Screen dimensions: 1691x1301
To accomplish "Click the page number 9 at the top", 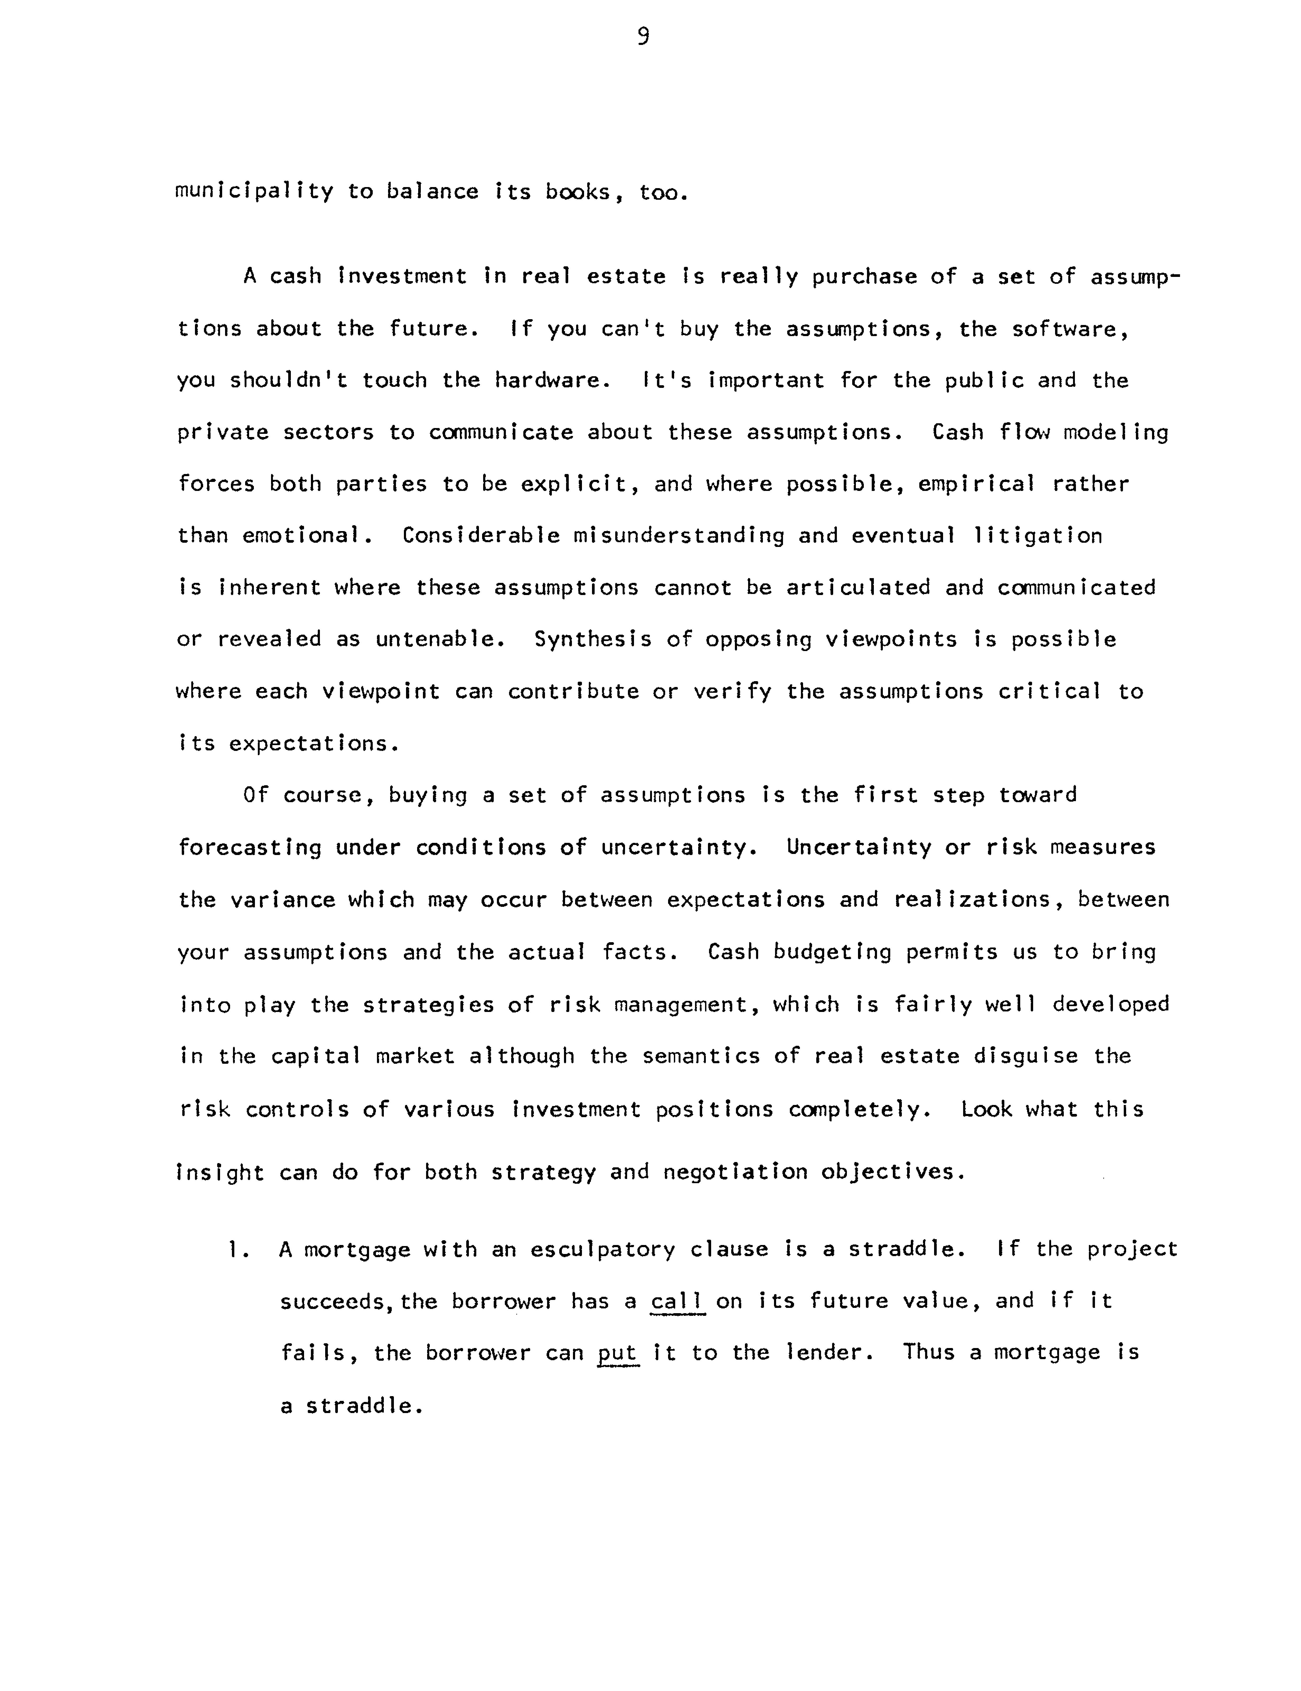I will [x=643, y=36].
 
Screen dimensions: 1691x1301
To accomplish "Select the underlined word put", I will [x=618, y=1353].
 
